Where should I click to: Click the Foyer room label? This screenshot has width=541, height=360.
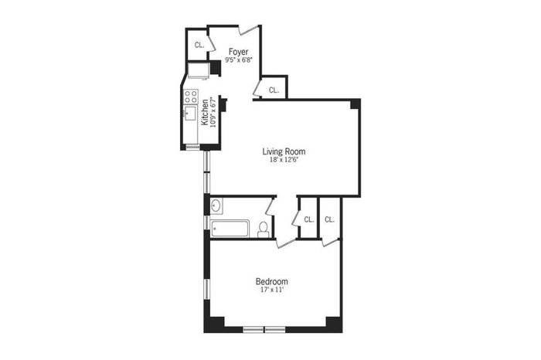238,52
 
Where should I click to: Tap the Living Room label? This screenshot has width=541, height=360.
284,151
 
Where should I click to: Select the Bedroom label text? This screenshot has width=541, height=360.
271,281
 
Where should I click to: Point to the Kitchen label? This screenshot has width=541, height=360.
205,112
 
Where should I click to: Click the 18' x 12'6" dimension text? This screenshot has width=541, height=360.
284,160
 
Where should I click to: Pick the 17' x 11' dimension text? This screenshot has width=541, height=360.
272,290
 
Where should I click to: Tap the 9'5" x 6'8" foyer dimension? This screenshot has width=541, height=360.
239,59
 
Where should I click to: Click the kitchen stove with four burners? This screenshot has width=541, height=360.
191,97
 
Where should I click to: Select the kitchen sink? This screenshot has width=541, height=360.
190,113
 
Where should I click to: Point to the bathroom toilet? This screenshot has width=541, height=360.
264,229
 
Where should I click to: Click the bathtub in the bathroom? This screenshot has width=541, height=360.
230,228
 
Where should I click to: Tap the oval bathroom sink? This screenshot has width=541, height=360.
216,205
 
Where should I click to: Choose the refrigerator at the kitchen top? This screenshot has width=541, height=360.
199,70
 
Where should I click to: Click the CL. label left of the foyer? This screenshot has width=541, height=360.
199,45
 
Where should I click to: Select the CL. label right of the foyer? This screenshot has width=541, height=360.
274,90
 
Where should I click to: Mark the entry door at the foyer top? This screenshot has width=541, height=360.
249,30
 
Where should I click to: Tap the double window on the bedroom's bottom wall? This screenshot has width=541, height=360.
264,330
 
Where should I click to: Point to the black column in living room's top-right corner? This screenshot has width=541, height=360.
355,104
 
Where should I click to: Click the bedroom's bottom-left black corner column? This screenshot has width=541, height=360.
214,324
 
